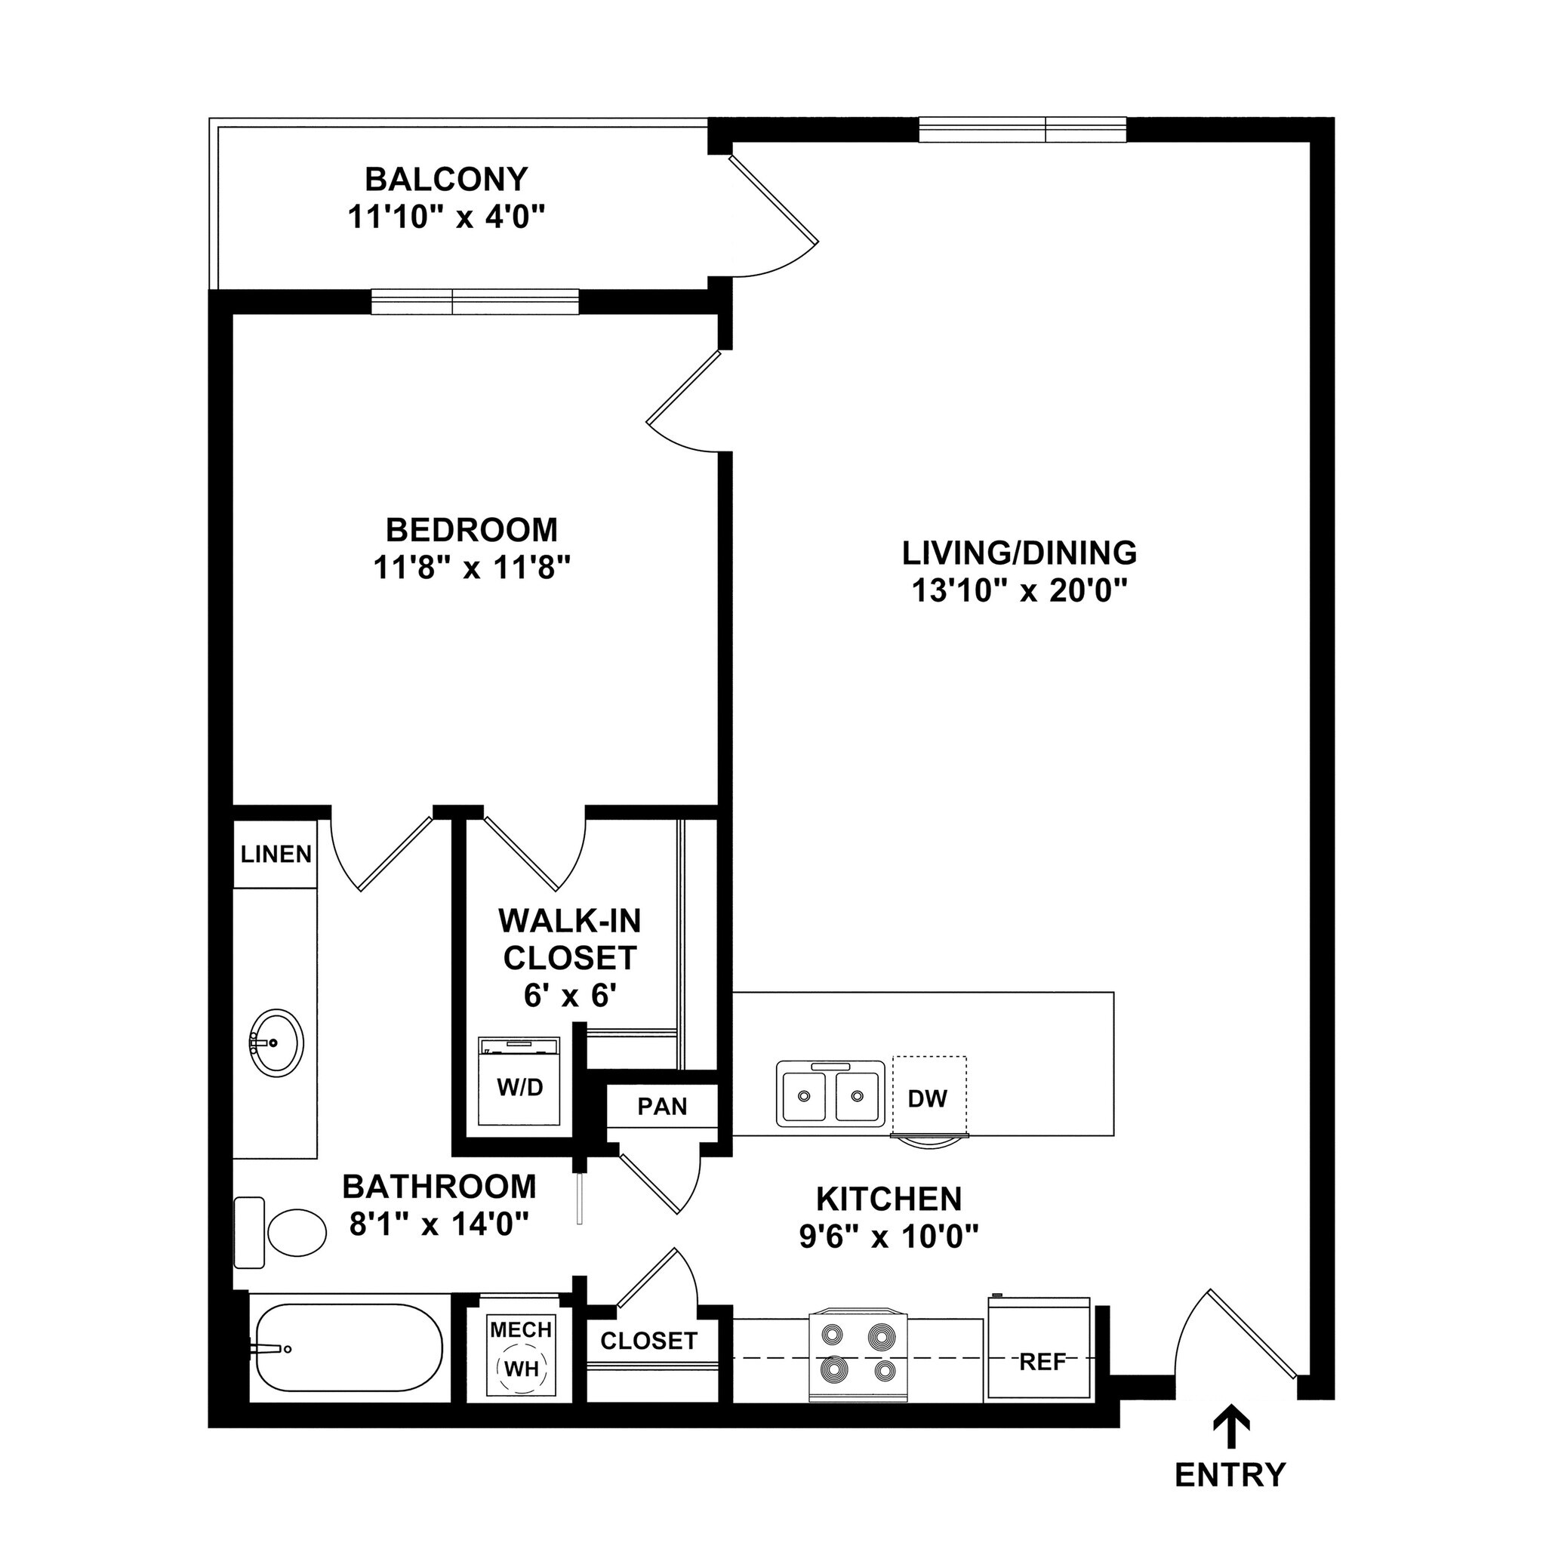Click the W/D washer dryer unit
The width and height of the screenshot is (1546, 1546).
point(520,1082)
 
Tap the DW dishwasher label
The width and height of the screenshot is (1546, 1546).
point(928,1098)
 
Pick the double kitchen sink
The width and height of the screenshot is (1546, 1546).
point(830,1094)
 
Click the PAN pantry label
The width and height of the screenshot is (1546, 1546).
point(662,1106)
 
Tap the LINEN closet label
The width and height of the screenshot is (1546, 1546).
point(276,854)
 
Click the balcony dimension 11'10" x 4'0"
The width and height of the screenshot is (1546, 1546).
point(447,217)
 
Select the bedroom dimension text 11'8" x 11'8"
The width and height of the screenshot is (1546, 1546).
point(472,568)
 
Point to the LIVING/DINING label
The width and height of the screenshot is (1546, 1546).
point(1019,553)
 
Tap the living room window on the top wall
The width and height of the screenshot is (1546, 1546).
point(1022,130)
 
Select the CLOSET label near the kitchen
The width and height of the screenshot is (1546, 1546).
point(649,1341)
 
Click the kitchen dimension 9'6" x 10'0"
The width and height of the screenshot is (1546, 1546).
point(889,1238)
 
